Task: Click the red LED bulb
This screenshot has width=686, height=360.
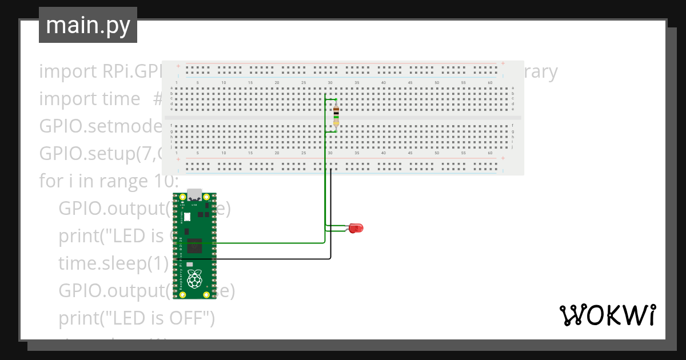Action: coord(357,228)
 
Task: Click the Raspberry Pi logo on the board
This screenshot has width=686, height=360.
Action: coord(196,279)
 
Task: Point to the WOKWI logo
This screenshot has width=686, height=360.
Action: coord(607,315)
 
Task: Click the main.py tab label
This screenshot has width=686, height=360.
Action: coord(88,25)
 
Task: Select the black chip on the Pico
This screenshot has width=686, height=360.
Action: coord(194,246)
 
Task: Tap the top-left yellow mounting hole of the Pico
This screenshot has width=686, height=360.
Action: coord(182,198)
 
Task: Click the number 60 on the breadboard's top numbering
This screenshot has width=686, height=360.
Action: coord(490,83)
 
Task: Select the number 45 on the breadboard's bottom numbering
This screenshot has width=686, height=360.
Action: coord(410,153)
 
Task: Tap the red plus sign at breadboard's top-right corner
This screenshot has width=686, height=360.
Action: coord(502,63)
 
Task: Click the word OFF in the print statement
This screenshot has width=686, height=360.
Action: coord(193,318)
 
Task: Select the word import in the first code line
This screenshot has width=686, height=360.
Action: coord(67,72)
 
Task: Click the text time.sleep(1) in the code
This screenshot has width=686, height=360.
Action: coord(113,263)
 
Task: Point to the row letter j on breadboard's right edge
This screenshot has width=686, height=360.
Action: coord(513,147)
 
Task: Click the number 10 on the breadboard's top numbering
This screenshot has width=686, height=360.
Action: coord(224,83)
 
